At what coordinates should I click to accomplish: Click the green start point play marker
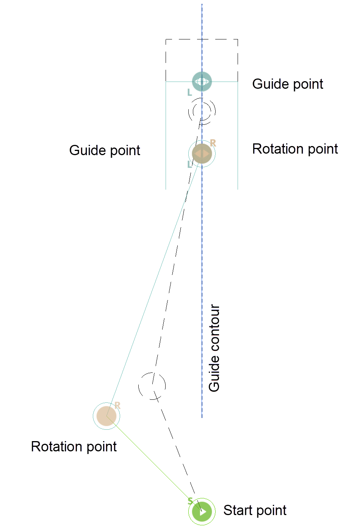point(202,512)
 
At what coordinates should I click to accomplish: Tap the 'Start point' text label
point(255,511)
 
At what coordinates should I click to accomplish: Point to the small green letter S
point(190,501)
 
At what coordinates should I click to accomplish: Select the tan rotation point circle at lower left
point(106,416)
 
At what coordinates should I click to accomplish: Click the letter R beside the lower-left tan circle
point(117,405)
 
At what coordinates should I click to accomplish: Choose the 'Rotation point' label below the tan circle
point(74,447)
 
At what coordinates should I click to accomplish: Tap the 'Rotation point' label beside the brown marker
point(295,149)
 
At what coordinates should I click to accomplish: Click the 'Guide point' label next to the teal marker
point(288,84)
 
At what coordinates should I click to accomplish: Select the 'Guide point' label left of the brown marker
point(105,151)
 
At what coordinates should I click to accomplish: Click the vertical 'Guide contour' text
point(214,348)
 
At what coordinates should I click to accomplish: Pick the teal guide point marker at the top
point(202,82)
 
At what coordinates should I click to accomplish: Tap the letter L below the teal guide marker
point(190,93)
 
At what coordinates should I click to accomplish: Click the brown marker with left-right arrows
point(202,154)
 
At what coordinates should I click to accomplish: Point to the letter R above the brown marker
point(213,143)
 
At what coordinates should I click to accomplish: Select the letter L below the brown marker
point(190,165)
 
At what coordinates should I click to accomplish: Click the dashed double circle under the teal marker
point(202,111)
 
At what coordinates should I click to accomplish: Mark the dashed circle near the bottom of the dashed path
point(152,386)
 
